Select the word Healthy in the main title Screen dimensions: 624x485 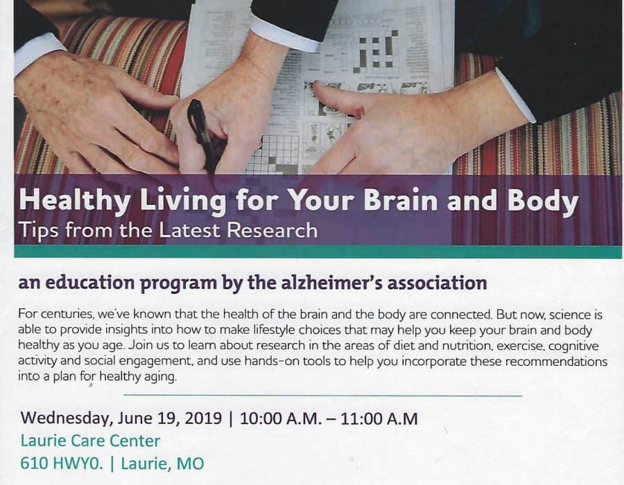click(74, 201)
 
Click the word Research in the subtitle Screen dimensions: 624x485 click(272, 231)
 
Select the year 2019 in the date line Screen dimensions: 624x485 click(203, 418)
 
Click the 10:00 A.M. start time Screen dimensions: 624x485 click(281, 418)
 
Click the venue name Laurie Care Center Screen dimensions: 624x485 click(90, 441)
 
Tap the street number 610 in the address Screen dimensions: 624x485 click(35, 464)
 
